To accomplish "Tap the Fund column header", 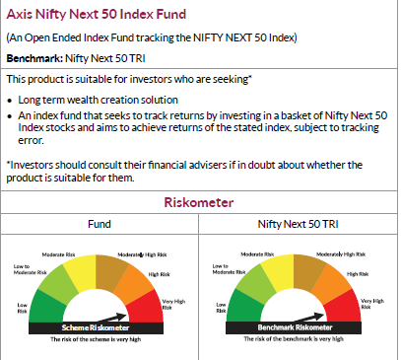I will point(99,224).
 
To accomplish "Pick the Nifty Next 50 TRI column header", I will point(298,224).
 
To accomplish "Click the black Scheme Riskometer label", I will point(98,326).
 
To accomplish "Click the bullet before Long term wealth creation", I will point(10,101).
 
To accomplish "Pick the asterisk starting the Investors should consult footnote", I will point(8,164).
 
